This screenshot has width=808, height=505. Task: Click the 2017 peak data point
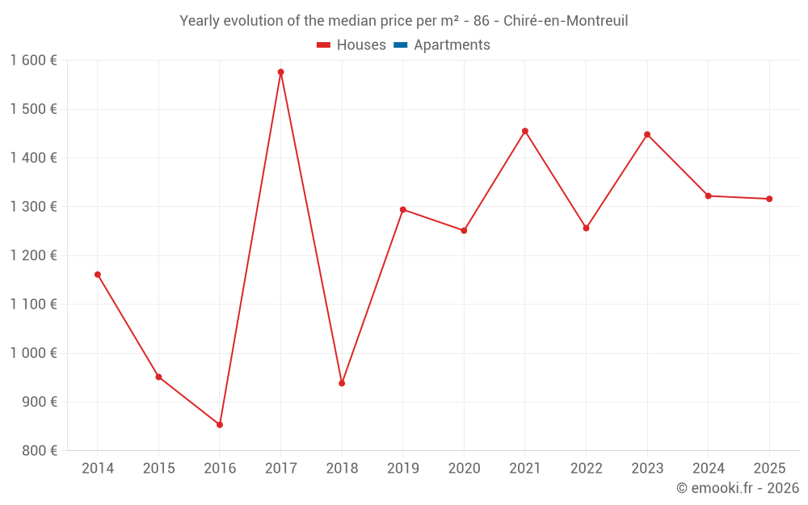pos(280,72)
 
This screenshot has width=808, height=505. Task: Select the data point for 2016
pos(220,425)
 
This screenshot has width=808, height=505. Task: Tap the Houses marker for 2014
pos(98,275)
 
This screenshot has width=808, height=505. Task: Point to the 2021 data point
pos(525,131)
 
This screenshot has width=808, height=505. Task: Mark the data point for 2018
pos(342,383)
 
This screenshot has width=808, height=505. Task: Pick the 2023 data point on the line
pos(647,134)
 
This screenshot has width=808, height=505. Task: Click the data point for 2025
pos(769,199)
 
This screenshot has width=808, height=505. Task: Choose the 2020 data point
pos(464,230)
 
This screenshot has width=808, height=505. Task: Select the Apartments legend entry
pos(452,45)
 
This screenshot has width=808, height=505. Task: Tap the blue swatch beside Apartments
pos(401,45)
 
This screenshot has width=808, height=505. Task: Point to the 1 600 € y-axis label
pos(33,61)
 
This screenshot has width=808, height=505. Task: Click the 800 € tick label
pos(40,451)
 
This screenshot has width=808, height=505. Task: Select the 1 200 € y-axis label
pos(33,255)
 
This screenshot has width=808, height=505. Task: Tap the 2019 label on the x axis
pos(403,469)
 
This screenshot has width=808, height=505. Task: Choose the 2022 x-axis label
pos(586,469)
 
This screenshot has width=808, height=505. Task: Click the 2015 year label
pos(158,469)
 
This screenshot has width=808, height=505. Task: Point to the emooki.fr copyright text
pos(737,488)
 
